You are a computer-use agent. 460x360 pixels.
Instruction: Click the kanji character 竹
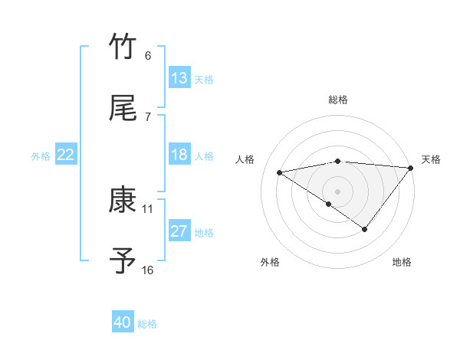point(123,47)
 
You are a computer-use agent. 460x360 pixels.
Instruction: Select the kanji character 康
point(123,200)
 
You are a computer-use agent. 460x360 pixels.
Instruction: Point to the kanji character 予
point(123,261)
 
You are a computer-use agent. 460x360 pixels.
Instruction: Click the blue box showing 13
point(179,78)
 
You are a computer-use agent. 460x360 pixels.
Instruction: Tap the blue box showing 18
point(179,155)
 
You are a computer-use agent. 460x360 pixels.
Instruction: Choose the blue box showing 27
point(179,231)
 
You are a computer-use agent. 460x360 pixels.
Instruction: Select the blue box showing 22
point(66,155)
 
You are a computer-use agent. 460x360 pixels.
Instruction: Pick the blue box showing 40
point(123,323)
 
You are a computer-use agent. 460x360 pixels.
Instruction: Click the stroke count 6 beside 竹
point(147,55)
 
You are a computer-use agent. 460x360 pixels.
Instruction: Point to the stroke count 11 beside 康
point(148,208)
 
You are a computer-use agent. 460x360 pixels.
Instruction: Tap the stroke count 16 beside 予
point(148,270)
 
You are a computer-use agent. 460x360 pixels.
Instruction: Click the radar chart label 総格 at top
point(338,100)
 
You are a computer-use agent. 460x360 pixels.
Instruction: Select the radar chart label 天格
point(432,159)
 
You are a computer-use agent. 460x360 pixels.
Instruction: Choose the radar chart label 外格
point(270,262)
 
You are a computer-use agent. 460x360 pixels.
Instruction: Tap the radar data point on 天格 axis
point(411,168)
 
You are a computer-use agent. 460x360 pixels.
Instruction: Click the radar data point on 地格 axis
point(365,229)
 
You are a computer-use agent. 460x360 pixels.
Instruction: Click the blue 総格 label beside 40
point(148,324)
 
